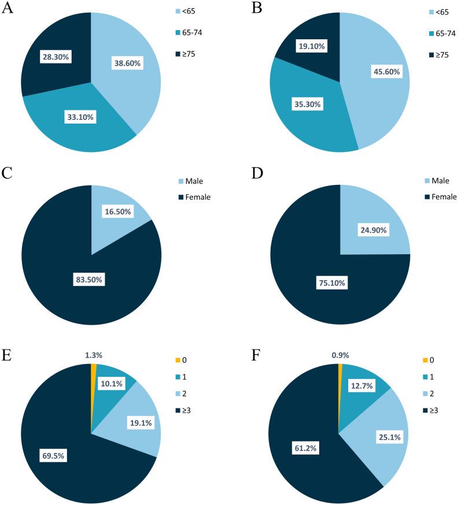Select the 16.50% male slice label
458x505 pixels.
click(x=117, y=213)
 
